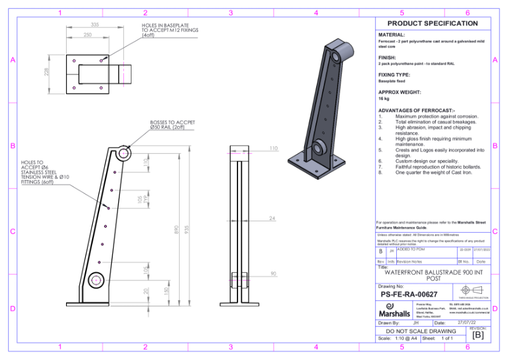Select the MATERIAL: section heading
(392, 35)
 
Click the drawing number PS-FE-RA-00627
(409, 294)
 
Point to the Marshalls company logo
(394, 311)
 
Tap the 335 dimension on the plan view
(95, 24)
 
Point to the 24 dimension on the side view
(272, 218)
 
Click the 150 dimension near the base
(166, 291)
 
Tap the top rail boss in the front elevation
(124, 153)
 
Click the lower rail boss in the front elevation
(97, 279)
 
